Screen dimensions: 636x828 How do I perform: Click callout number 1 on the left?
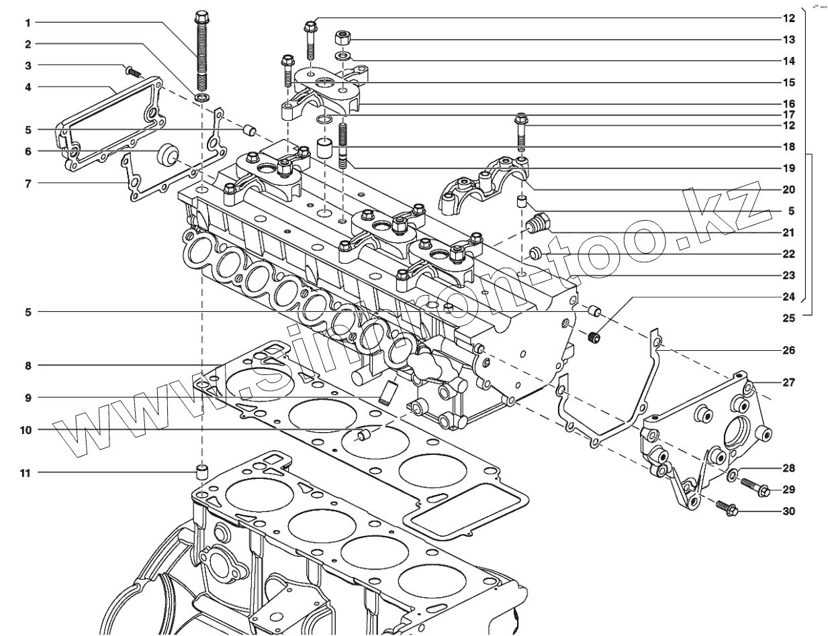[28, 23]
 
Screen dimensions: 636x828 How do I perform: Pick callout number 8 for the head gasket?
[28, 366]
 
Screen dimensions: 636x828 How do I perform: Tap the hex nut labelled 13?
[340, 36]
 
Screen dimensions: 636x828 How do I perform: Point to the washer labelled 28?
[732, 476]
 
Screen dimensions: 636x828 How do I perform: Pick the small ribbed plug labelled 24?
[593, 337]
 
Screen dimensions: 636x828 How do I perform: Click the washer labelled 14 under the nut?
[342, 54]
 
